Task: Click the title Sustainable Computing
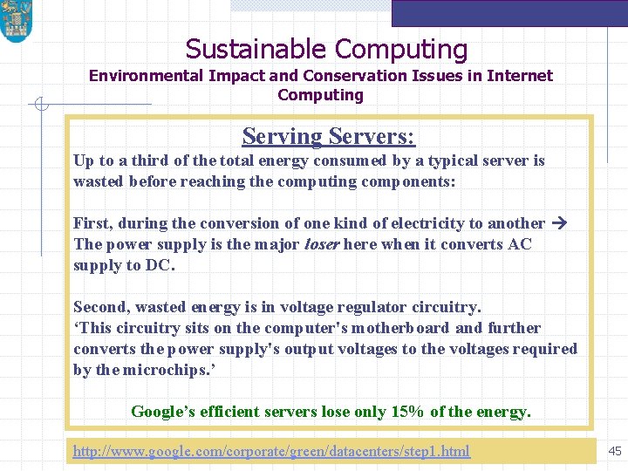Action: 326,50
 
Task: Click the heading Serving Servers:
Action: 329,136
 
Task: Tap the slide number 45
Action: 615,451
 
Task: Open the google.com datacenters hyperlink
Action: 271,451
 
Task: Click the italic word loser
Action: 321,244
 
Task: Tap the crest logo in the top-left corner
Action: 16,21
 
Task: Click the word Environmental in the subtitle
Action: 147,76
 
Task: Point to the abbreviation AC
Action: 519,244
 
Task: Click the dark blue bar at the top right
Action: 509,12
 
